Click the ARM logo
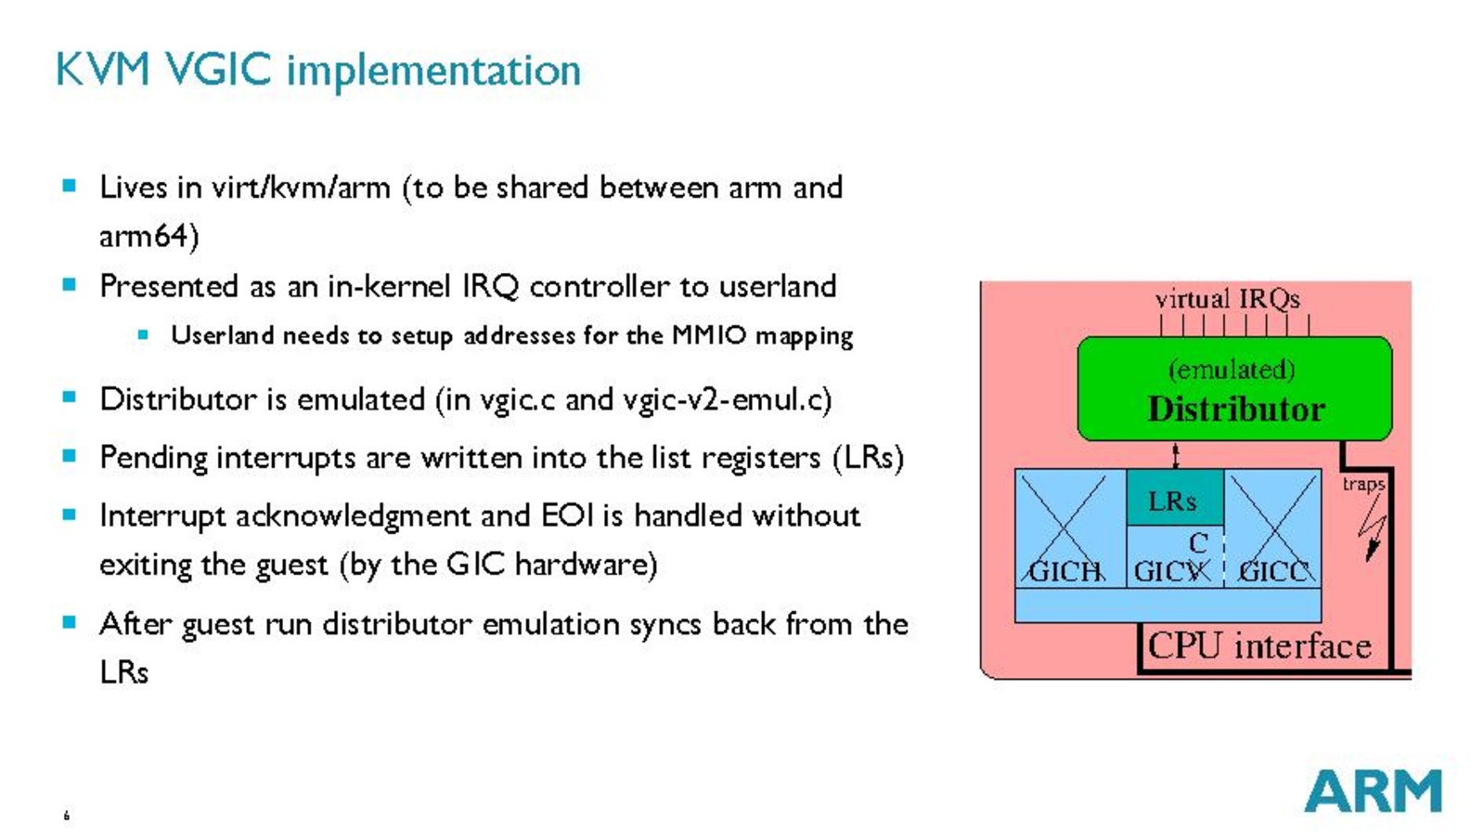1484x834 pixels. point(1372,790)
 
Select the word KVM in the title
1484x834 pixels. point(102,70)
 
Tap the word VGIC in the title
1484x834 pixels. point(218,70)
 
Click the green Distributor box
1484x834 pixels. point(1233,390)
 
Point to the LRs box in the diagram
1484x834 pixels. point(1173,500)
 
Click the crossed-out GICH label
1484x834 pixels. point(1065,570)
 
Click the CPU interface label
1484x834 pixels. point(1259,645)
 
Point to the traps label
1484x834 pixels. point(1362,484)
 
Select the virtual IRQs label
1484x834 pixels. point(1227,299)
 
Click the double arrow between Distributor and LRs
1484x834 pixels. point(1175,455)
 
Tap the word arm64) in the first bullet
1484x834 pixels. point(149,236)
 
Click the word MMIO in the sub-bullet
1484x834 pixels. point(709,335)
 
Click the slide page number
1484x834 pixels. point(66,815)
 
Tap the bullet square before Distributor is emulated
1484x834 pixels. point(70,397)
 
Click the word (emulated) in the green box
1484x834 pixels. point(1232,370)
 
